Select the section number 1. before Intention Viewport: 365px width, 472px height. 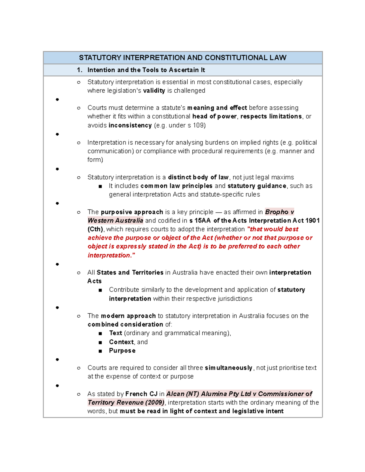(x=80, y=70)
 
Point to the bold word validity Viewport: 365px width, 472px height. (x=154, y=91)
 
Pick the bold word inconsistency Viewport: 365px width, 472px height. (x=130, y=125)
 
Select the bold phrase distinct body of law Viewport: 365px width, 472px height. (x=198, y=177)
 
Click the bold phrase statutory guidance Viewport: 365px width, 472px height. (x=257, y=186)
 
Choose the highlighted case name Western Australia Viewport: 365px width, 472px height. (x=115, y=220)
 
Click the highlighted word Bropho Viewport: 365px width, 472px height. (x=276, y=212)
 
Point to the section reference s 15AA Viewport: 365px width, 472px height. (x=200, y=220)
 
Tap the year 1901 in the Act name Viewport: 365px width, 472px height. (x=312, y=220)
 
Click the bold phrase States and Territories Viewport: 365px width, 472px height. (x=130, y=272)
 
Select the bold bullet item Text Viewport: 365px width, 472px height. (x=116, y=333)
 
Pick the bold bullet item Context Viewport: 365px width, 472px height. (x=121, y=342)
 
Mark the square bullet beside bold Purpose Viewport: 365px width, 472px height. (x=100, y=351)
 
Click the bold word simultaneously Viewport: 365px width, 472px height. (x=228, y=368)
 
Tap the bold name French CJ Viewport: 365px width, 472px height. (x=141, y=394)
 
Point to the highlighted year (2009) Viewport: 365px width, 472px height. (x=155, y=402)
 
